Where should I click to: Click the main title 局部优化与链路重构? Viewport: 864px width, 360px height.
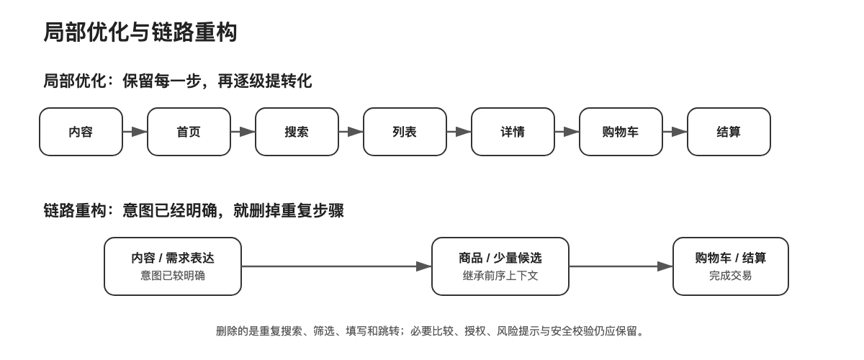(x=140, y=32)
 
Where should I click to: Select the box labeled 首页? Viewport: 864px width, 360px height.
(x=189, y=132)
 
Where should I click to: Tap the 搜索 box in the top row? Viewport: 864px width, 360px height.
(x=297, y=132)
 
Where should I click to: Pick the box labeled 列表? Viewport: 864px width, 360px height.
(x=405, y=132)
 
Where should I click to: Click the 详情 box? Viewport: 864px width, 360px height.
(x=513, y=132)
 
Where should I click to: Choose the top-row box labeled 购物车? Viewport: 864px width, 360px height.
(x=621, y=132)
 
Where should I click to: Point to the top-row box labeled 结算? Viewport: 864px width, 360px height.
(x=729, y=132)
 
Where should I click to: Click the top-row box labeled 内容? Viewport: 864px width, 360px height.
(x=81, y=132)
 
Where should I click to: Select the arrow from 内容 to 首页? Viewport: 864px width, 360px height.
(x=135, y=132)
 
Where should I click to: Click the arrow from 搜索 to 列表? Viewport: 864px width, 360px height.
(x=351, y=132)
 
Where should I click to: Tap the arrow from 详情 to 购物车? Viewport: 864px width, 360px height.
(x=567, y=132)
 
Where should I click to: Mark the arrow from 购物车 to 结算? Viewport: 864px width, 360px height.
(x=675, y=132)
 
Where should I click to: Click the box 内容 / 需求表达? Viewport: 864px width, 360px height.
(x=173, y=266)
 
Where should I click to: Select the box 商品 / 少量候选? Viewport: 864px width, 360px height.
(x=500, y=266)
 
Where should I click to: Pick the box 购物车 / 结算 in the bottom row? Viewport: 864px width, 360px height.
(x=731, y=266)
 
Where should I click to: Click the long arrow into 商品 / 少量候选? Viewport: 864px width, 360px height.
(x=337, y=266)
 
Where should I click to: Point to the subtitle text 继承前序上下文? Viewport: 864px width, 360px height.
(x=500, y=276)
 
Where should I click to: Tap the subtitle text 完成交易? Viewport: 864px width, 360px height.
(x=731, y=276)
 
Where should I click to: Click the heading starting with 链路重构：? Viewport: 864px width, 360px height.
(x=193, y=211)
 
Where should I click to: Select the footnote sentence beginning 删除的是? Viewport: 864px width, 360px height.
(x=430, y=331)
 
